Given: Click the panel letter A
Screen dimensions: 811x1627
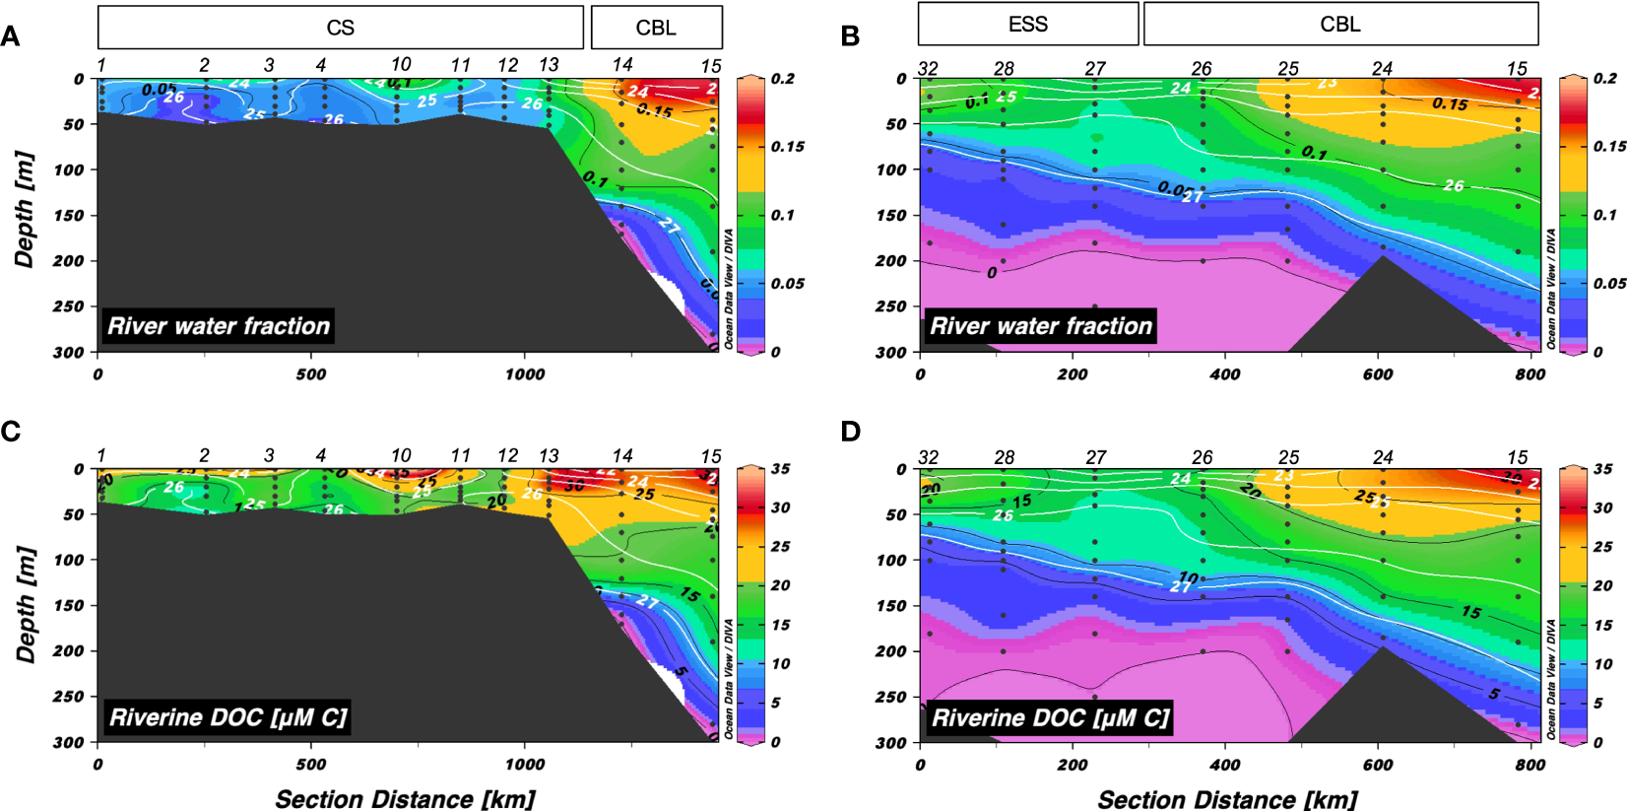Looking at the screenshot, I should click(x=10, y=37).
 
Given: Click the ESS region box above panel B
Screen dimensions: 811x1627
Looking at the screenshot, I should click(x=1027, y=25).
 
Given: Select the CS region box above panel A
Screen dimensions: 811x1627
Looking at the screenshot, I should click(x=340, y=28).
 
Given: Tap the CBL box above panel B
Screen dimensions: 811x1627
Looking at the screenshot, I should click(x=1339, y=25).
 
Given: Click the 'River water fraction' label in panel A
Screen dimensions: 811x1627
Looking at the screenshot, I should click(x=218, y=326).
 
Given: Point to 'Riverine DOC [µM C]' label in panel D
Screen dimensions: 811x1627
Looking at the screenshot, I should click(x=1050, y=717).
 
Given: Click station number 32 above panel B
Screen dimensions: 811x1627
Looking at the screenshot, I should click(x=928, y=68).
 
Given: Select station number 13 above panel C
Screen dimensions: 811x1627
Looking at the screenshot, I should click(x=549, y=456).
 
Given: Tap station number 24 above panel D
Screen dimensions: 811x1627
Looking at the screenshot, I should click(x=1383, y=457).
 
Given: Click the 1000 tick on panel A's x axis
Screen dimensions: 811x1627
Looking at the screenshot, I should click(x=524, y=374).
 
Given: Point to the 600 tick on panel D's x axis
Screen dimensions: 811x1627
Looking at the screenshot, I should click(x=1378, y=765).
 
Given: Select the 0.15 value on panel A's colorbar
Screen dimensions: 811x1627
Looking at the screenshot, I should click(x=787, y=147).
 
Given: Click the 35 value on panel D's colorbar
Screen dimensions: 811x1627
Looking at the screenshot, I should click(x=1603, y=469).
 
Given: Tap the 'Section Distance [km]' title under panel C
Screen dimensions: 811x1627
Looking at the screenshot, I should click(x=405, y=798).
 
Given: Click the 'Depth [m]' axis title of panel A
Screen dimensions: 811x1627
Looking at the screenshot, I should click(x=25, y=210).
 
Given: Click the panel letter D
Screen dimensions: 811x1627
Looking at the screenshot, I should click(x=850, y=432).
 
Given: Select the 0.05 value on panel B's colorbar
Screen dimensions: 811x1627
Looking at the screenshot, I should click(x=1609, y=284).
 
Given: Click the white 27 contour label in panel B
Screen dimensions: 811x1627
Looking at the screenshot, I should click(x=1193, y=196).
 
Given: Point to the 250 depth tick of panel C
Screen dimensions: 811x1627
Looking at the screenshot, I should click(x=68, y=697).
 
